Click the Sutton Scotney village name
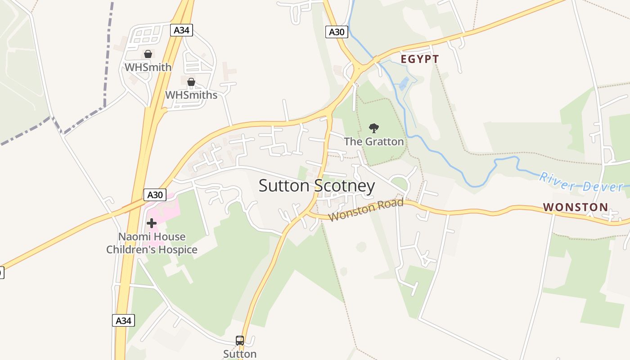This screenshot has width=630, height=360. coord(316,185)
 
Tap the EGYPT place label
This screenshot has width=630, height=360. coord(419,59)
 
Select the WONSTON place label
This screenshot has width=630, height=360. coord(575,207)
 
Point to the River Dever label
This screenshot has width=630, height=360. coord(581,182)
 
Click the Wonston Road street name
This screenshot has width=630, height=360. coord(366,210)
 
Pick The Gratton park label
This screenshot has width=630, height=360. coord(373,142)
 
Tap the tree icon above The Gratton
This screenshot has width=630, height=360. coord(373,128)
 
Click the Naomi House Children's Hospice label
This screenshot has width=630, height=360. coord(152,243)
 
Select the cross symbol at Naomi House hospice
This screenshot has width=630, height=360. coord(152,223)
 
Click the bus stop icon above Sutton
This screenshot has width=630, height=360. coord(240,341)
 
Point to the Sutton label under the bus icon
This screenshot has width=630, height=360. coord(240,354)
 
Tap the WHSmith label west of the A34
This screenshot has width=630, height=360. coord(148,67)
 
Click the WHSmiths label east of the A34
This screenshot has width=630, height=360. coord(191,95)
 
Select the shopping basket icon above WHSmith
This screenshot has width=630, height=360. coord(148,54)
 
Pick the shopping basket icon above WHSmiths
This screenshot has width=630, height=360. coord(191,82)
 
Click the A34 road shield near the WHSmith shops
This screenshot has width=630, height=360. coord(182,30)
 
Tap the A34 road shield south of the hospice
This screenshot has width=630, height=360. coord(123,320)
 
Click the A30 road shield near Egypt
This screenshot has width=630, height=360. coord(337,32)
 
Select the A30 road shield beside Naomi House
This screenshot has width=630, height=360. coord(155,195)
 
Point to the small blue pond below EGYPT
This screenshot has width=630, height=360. coord(404,84)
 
